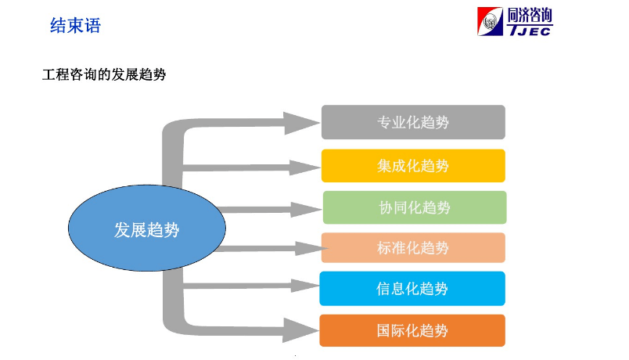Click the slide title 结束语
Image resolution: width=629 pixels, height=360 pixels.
point(75,26)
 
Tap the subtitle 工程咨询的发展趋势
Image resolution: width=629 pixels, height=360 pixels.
point(104,74)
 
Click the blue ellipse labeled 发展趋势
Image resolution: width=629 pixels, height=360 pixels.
point(147,228)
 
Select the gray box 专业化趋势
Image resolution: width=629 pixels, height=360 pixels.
point(413,122)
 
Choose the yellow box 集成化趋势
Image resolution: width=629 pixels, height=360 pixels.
point(413,166)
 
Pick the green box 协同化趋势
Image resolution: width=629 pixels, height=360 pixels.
point(415,207)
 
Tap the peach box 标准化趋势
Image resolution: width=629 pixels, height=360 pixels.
point(413,247)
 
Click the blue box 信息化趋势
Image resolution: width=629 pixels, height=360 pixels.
point(412,289)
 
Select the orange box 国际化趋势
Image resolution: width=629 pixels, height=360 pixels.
point(412,331)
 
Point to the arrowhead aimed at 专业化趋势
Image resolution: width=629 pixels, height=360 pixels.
point(301,123)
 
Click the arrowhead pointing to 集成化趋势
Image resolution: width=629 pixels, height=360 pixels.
point(304,167)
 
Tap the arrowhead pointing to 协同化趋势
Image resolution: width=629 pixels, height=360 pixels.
point(306,210)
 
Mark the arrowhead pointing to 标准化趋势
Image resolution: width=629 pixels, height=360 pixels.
point(311,248)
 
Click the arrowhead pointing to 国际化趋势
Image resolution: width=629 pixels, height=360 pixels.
point(300,330)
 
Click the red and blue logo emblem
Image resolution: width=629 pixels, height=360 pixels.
point(491,22)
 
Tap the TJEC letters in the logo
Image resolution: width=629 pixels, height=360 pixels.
point(530,31)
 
